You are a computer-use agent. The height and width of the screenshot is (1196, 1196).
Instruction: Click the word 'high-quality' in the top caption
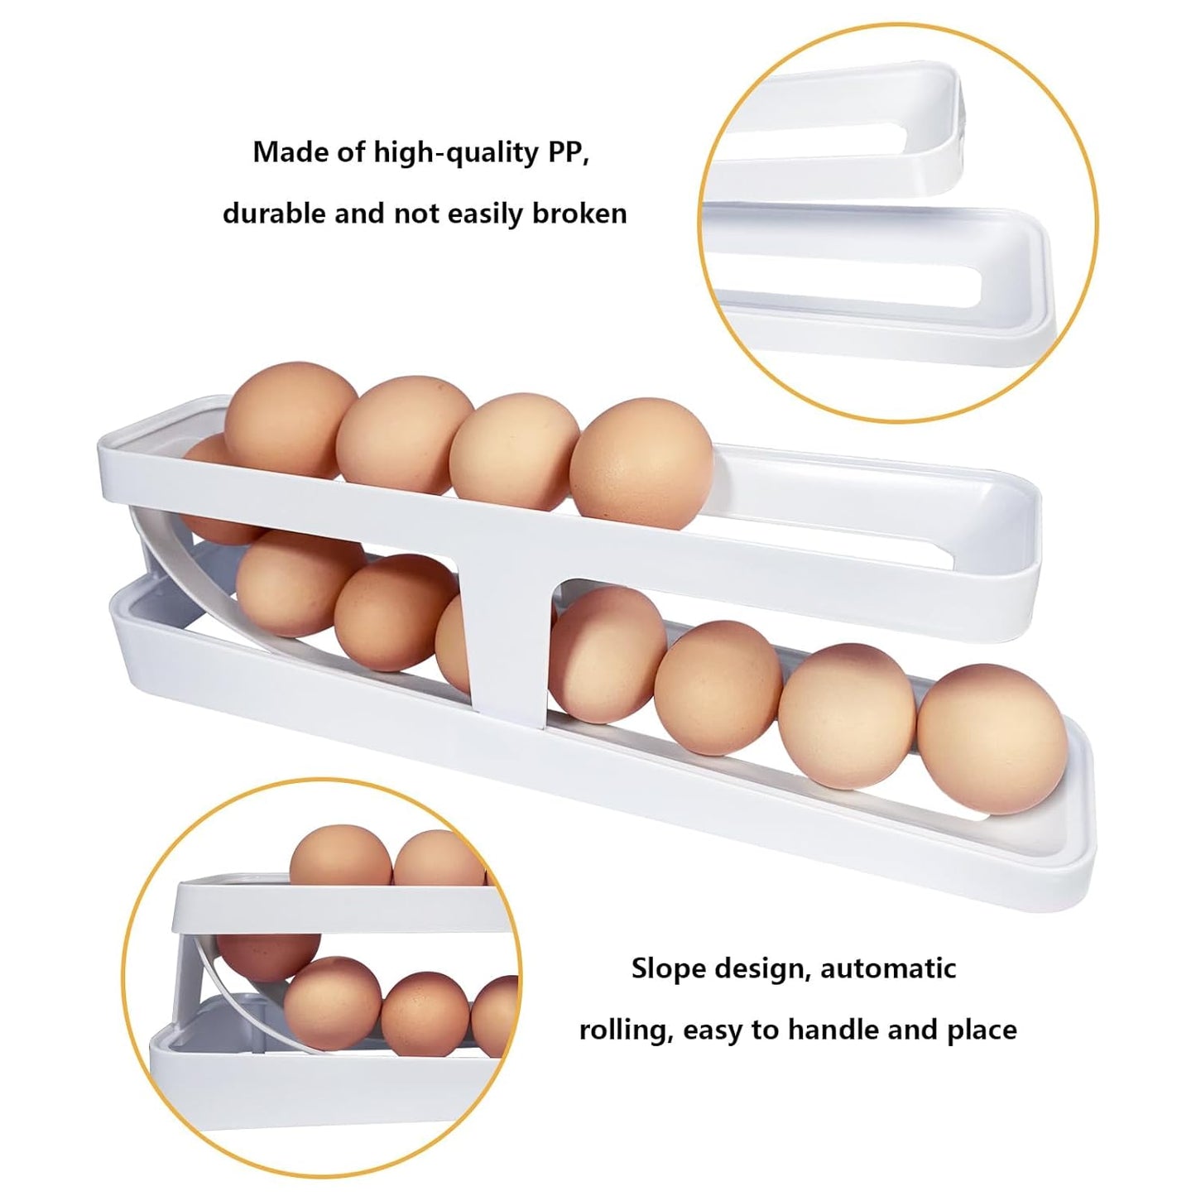tap(456, 153)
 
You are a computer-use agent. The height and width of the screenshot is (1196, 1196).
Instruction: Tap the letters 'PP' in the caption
tap(568, 152)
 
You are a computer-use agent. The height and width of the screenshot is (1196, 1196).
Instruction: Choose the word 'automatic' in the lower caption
tap(888, 969)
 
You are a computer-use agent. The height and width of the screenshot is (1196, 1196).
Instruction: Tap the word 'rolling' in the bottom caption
tap(627, 1031)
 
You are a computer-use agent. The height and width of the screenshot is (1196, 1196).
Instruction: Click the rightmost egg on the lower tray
tap(992, 738)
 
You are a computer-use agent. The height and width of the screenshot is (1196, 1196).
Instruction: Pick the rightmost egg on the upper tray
tap(641, 463)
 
